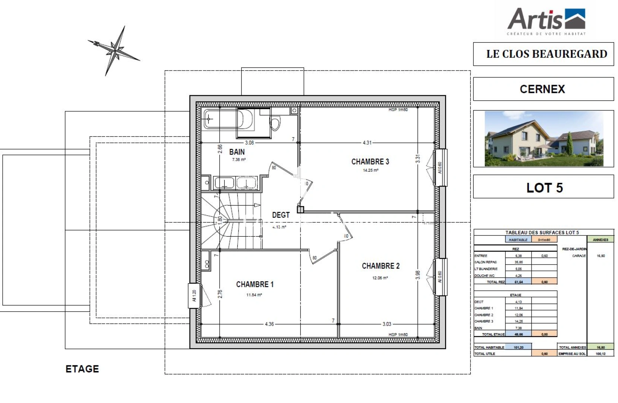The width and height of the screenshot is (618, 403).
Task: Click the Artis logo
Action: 546,20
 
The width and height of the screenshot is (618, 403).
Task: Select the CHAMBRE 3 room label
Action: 370,162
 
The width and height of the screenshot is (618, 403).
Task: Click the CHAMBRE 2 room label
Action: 381,266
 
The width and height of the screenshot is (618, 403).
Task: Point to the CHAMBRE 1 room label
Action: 255,284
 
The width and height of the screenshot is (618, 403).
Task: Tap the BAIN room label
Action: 237,152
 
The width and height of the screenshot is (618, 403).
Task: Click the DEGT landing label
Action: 281,215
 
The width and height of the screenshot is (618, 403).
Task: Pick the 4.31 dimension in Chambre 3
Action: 367,143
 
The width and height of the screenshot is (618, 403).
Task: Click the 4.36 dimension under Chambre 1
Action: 269,324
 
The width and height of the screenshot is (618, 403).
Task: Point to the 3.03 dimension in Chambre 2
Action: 387,324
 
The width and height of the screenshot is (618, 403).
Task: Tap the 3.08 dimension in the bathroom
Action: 249,143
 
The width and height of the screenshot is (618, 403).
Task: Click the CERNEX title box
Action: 543,89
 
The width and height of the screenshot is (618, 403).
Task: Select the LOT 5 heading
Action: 544,188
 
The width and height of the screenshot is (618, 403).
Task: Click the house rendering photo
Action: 543,138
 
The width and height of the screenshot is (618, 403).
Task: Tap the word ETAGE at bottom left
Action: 82,369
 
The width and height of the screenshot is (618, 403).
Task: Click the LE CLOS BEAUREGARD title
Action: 546,54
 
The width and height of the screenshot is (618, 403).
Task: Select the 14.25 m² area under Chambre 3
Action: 371,171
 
